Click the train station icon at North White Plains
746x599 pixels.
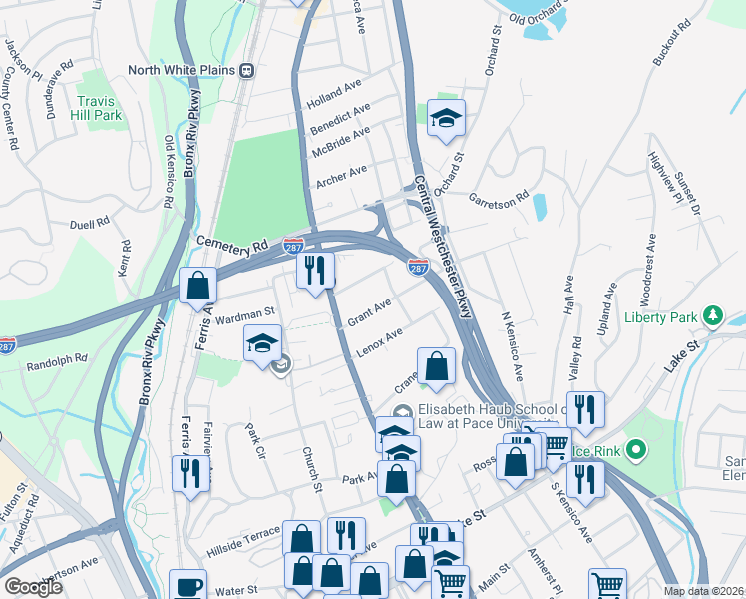pos(244,70)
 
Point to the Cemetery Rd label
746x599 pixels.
pos(233,243)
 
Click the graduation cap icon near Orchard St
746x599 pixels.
pos(446,118)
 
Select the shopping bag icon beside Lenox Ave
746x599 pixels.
pos(436,365)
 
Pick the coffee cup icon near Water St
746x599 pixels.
pos(186,585)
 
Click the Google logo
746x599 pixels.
pos(33,587)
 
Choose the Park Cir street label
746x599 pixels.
pos(256,438)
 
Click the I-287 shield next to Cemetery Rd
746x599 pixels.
pos(293,246)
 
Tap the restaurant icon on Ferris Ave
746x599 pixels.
pos(186,471)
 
